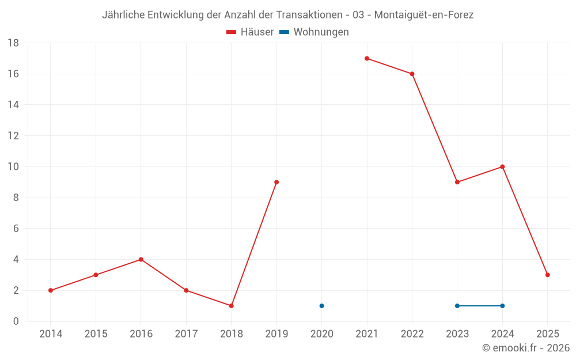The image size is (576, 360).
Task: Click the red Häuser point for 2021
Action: (367, 58)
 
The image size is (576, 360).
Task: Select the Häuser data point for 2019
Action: (276, 182)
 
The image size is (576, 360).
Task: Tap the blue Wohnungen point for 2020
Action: (321, 306)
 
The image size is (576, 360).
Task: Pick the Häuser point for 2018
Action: (231, 306)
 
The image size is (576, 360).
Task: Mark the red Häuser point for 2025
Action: (547, 275)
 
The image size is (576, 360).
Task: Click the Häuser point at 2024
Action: (502, 166)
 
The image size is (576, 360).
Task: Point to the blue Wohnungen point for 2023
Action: (457, 306)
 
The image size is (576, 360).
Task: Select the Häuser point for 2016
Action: (141, 259)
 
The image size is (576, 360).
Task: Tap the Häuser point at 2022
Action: (412, 74)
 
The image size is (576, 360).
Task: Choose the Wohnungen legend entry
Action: (321, 32)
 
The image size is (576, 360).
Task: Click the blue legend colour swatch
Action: (284, 32)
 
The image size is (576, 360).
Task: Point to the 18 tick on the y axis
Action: (13, 43)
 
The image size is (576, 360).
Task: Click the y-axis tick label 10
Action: (13, 167)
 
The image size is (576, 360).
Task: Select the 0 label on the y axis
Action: (16, 321)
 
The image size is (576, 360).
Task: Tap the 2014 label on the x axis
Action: (51, 334)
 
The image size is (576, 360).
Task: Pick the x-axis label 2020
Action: (321, 334)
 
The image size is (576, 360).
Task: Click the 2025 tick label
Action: (547, 334)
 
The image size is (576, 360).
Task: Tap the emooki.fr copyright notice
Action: (526, 348)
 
